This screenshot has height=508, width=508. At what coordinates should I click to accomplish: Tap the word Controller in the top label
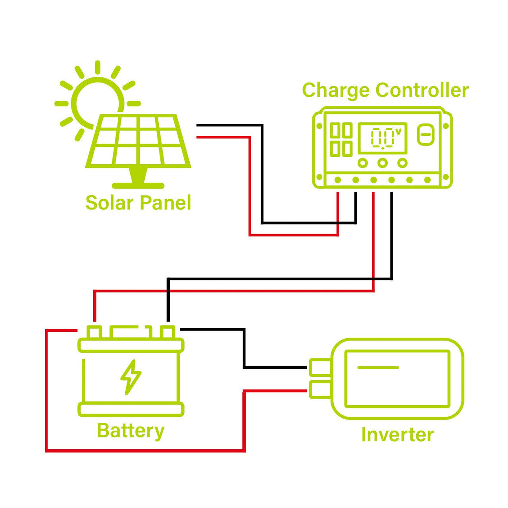tap(422, 90)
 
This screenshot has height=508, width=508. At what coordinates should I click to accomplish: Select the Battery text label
tap(131, 431)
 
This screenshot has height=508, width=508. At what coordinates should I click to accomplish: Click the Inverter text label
tap(397, 435)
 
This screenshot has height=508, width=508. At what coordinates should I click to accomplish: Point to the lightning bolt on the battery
tap(131, 377)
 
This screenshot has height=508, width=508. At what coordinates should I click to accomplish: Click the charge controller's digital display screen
tap(383, 138)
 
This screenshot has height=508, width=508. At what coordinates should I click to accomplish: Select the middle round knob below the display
tap(383, 163)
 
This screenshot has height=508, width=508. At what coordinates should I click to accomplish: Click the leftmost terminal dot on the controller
tap(338, 180)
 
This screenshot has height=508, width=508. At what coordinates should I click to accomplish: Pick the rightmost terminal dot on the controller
tap(427, 180)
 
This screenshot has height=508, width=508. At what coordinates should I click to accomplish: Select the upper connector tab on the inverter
tap(319, 367)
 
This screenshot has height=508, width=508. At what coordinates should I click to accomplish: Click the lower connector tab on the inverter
tap(319, 389)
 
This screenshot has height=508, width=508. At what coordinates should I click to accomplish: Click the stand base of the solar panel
tap(138, 185)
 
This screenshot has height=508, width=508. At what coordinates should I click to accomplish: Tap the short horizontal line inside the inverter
tap(378, 368)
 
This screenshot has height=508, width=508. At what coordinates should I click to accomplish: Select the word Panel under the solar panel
tap(165, 203)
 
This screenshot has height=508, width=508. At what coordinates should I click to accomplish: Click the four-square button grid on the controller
tap(341, 139)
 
